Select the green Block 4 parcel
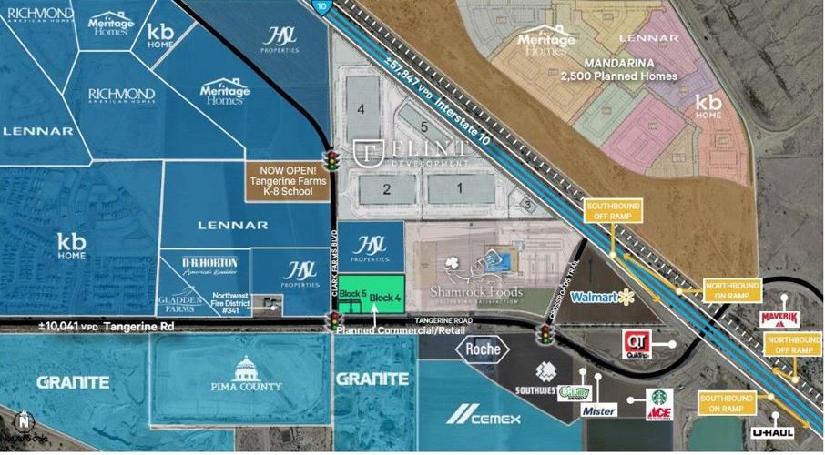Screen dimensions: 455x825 pos(386,298)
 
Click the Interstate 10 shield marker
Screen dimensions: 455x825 pos(322,5)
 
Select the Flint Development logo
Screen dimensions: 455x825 pos(413,151)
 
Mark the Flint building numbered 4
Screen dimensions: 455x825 pos(362,109)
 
